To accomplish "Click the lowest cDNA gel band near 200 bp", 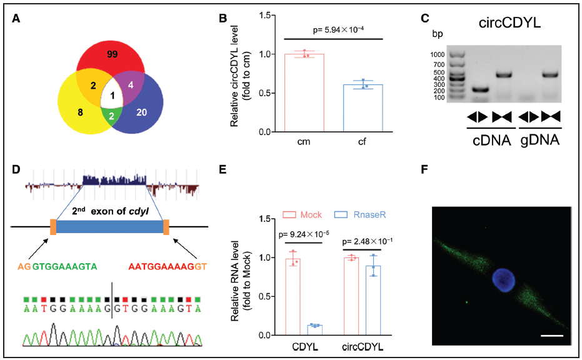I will [478, 89].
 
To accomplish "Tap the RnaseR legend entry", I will [353, 214].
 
